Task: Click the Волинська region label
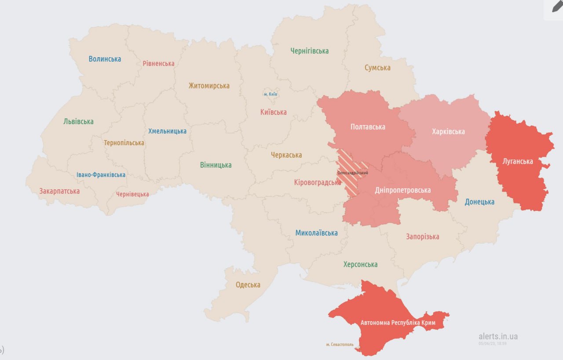[105, 59]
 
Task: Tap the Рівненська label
[158, 63]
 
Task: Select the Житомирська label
[209, 86]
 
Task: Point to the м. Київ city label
[271, 94]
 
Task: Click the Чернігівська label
[309, 51]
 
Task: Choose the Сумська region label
[377, 68]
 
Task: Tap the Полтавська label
[368, 127]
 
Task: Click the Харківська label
[448, 131]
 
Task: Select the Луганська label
[518, 161]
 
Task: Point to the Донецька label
[479, 202]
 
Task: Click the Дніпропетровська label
[402, 190]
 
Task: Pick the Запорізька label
[422, 237]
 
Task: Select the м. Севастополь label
[340, 345]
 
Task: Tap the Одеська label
[248, 285]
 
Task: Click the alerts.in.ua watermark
[498, 336]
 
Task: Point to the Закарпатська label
[59, 191]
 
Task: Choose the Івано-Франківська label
[101, 175]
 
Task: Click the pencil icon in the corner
[556, 7]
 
